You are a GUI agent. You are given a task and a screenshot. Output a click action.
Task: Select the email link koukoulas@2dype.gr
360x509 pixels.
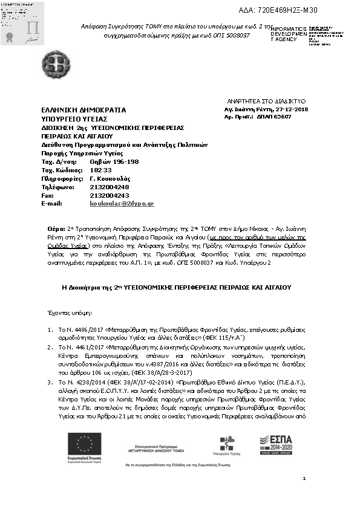coord(122,204)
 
